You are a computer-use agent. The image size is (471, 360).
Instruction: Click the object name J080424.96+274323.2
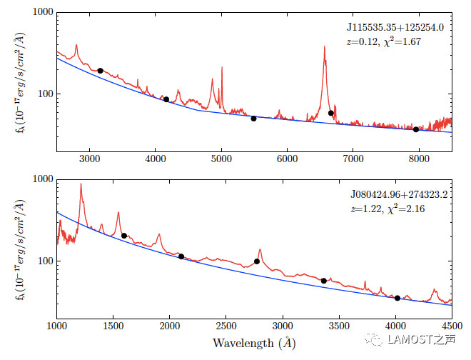(x=397, y=194)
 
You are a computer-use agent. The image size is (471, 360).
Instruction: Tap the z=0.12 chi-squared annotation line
(x=383, y=41)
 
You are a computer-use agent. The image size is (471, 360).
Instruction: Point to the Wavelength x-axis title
(x=254, y=344)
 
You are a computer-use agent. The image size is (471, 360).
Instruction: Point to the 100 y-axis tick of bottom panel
(x=44, y=261)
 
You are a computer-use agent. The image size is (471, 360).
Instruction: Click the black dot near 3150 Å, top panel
(x=100, y=71)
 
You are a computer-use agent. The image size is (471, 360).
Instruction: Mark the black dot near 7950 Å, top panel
(x=416, y=129)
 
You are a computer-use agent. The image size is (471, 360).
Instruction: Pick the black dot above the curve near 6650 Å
(x=331, y=114)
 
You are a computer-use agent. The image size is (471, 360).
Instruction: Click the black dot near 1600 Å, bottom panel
(x=124, y=236)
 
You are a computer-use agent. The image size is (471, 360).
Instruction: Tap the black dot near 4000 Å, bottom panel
(x=397, y=298)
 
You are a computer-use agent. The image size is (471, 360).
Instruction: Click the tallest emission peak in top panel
(x=324, y=47)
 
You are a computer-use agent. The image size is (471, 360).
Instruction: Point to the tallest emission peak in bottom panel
(x=81, y=184)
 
